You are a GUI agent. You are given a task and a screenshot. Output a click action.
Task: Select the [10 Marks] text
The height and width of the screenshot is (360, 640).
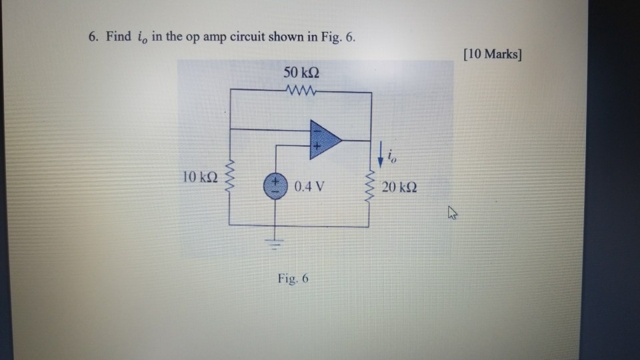492,53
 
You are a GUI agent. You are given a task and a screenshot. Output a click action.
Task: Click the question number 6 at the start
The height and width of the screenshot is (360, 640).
92,36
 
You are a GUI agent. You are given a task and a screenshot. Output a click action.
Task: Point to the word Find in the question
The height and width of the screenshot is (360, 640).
118,36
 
